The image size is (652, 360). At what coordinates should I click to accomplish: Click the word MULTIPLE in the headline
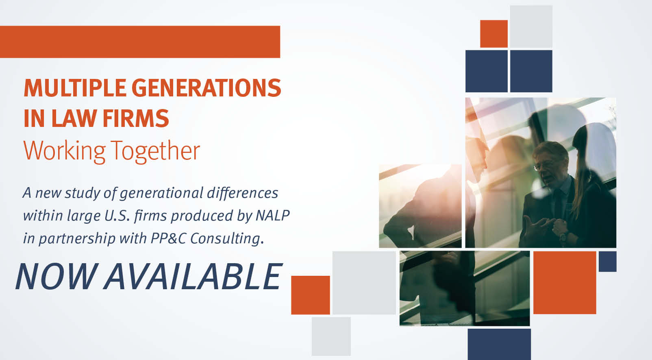click(75, 87)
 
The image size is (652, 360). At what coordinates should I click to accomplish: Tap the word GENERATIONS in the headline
click(206, 87)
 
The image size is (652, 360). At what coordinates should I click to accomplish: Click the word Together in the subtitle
click(155, 151)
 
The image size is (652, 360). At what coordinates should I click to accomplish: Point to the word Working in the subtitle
click(64, 151)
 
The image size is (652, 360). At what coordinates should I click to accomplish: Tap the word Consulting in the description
click(227, 239)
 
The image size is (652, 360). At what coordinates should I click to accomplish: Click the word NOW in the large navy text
click(55, 276)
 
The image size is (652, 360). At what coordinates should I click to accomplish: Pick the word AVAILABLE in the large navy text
click(193, 276)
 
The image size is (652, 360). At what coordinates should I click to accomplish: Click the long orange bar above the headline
click(140, 41)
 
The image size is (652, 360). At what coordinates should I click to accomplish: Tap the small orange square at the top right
click(493, 34)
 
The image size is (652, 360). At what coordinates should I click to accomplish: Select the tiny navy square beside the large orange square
click(607, 262)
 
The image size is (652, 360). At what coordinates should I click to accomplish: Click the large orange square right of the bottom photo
click(565, 283)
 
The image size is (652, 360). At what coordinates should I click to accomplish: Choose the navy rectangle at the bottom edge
click(499, 344)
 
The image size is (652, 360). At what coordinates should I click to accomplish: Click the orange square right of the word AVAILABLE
click(311, 295)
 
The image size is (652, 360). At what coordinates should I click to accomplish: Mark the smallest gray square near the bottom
click(331, 336)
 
